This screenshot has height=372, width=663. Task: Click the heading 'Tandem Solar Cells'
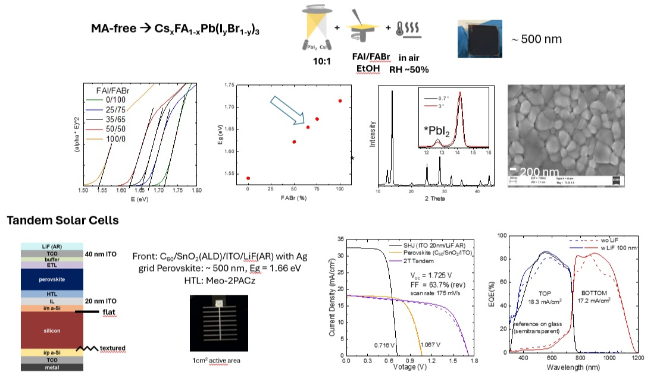[x=62, y=221]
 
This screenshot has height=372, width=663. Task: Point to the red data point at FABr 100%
[x=340, y=100]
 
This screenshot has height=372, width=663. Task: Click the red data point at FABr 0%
[x=248, y=178]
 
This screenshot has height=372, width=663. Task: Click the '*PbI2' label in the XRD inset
[x=434, y=128]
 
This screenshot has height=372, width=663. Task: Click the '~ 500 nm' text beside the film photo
[x=537, y=40]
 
